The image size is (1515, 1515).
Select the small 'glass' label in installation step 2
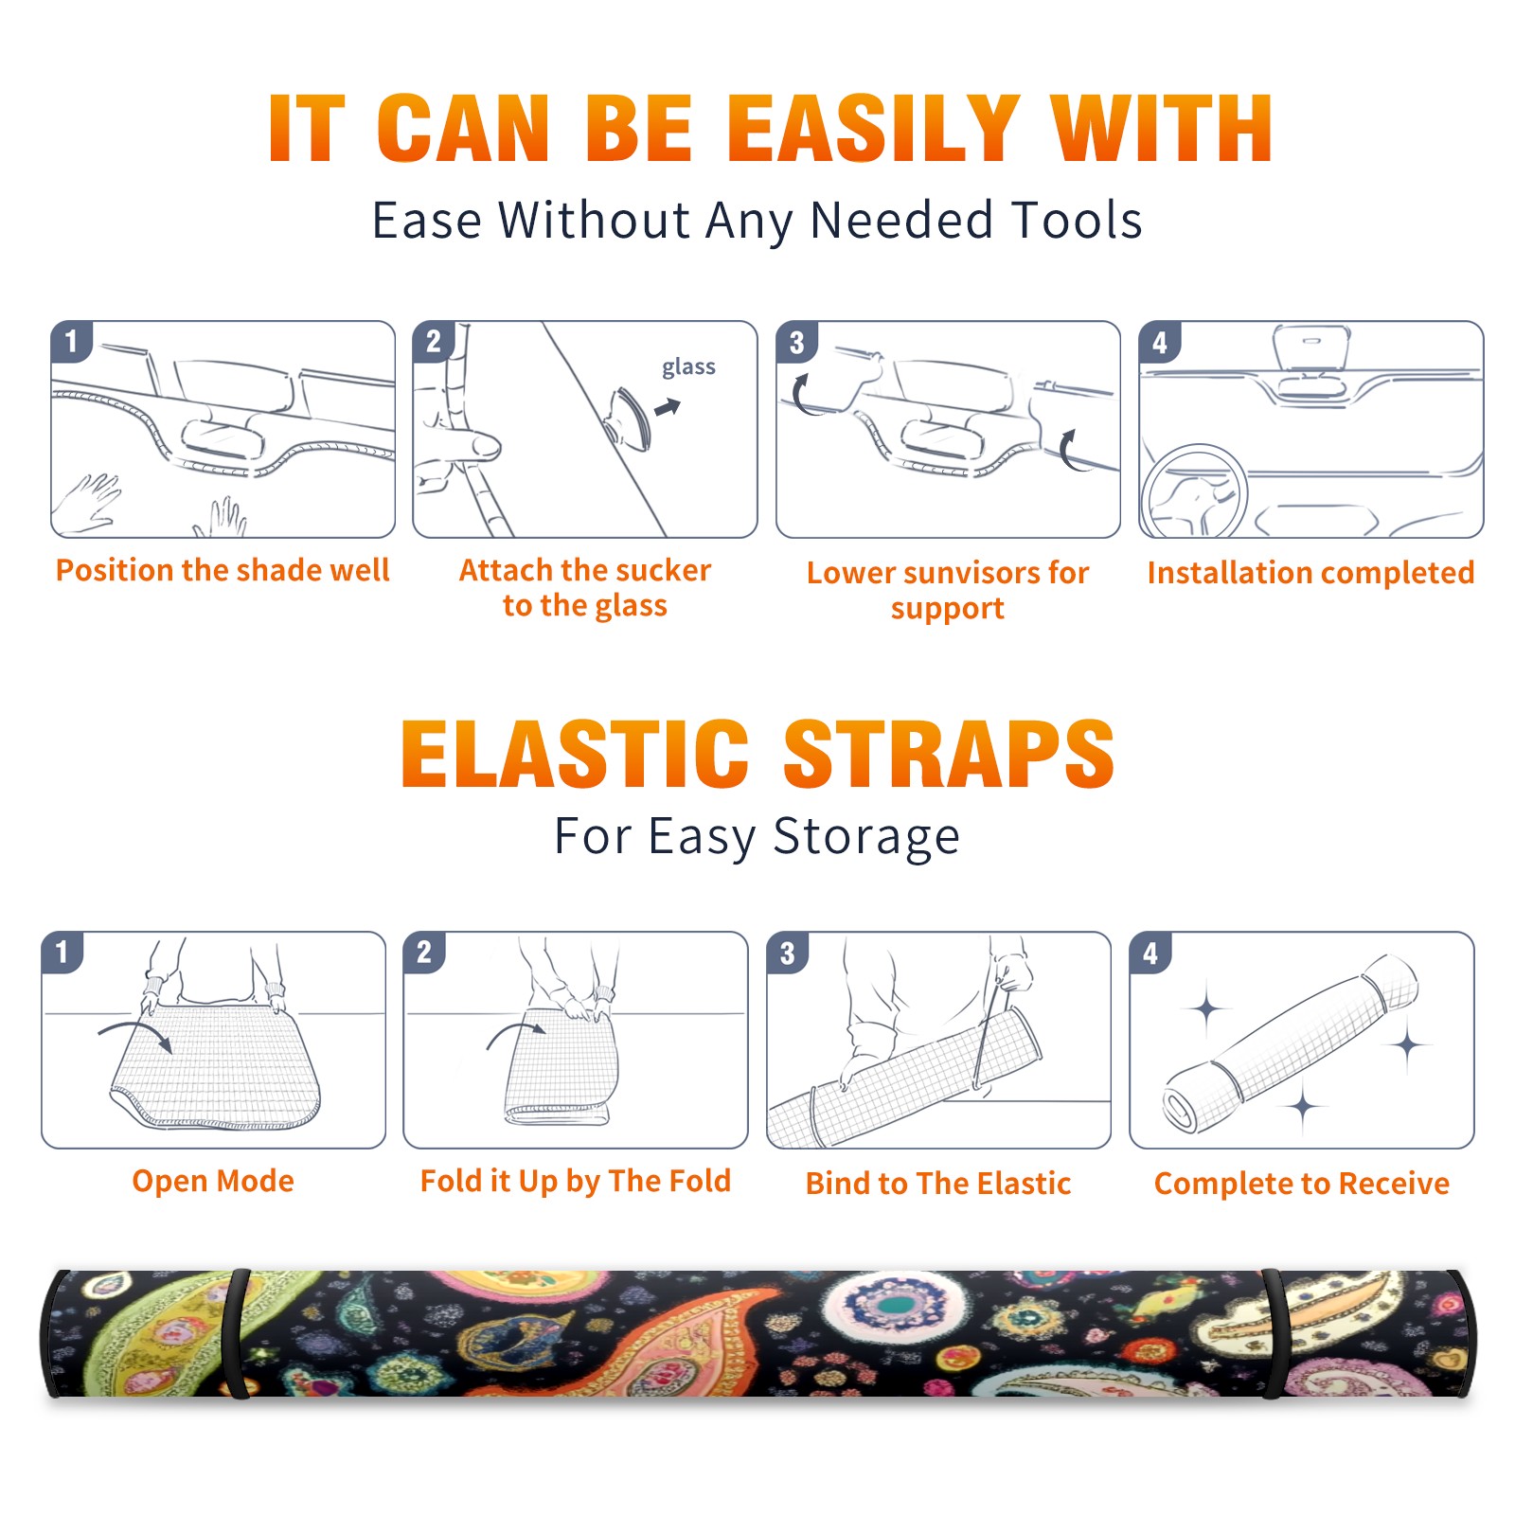click(688, 367)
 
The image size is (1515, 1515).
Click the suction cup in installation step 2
click(630, 418)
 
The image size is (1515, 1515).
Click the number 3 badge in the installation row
click(796, 342)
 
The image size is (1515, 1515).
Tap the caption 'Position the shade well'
click(223, 570)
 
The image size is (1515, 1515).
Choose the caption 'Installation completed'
click(1310, 573)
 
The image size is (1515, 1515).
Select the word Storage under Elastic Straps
click(866, 837)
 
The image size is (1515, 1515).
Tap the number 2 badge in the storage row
click(424, 952)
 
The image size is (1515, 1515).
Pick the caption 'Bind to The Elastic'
click(938, 1184)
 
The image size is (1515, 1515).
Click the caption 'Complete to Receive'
click(1302, 1184)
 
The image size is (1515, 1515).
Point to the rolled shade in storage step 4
click(1291, 1043)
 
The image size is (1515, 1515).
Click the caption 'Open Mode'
click(213, 1181)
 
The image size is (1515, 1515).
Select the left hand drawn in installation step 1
click(88, 503)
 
